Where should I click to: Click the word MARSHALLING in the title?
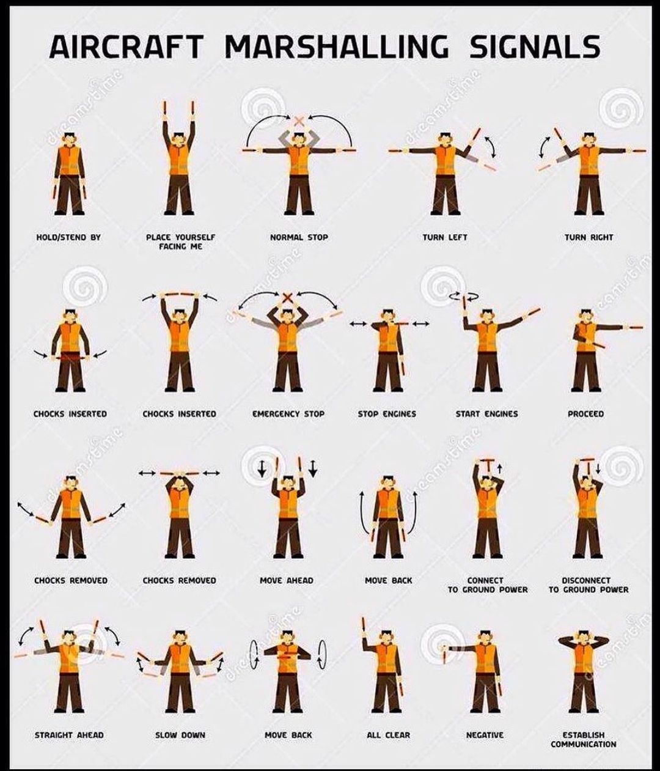click(x=337, y=46)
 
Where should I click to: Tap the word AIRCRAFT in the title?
click(x=127, y=46)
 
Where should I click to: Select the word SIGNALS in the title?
click(x=535, y=46)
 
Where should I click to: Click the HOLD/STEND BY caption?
click(x=68, y=237)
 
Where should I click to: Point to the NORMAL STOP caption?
click(x=299, y=237)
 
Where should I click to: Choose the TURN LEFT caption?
click(x=445, y=237)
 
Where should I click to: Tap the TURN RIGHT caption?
click(x=588, y=237)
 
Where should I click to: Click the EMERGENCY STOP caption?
click(x=288, y=414)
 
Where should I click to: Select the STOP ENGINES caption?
click(x=387, y=414)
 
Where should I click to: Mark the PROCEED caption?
click(x=586, y=414)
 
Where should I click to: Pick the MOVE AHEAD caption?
click(x=287, y=581)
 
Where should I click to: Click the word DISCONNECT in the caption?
click(x=586, y=581)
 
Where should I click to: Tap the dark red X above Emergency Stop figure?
click(x=287, y=298)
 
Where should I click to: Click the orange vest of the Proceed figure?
click(x=586, y=337)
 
